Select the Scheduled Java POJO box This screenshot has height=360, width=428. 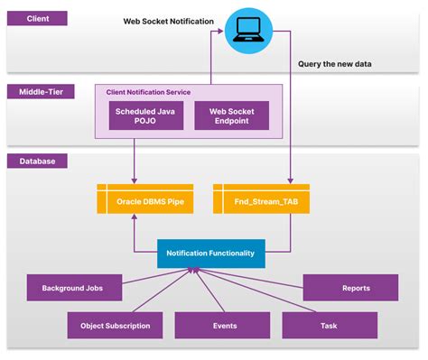click(x=146, y=115)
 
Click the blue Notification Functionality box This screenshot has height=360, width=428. click(x=210, y=254)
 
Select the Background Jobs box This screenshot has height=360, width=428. click(x=71, y=289)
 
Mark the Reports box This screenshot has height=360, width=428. click(x=350, y=289)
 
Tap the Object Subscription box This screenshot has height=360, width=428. click(x=115, y=325)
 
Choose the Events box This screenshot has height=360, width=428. click(x=222, y=325)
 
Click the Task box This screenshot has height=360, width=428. click(x=330, y=325)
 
